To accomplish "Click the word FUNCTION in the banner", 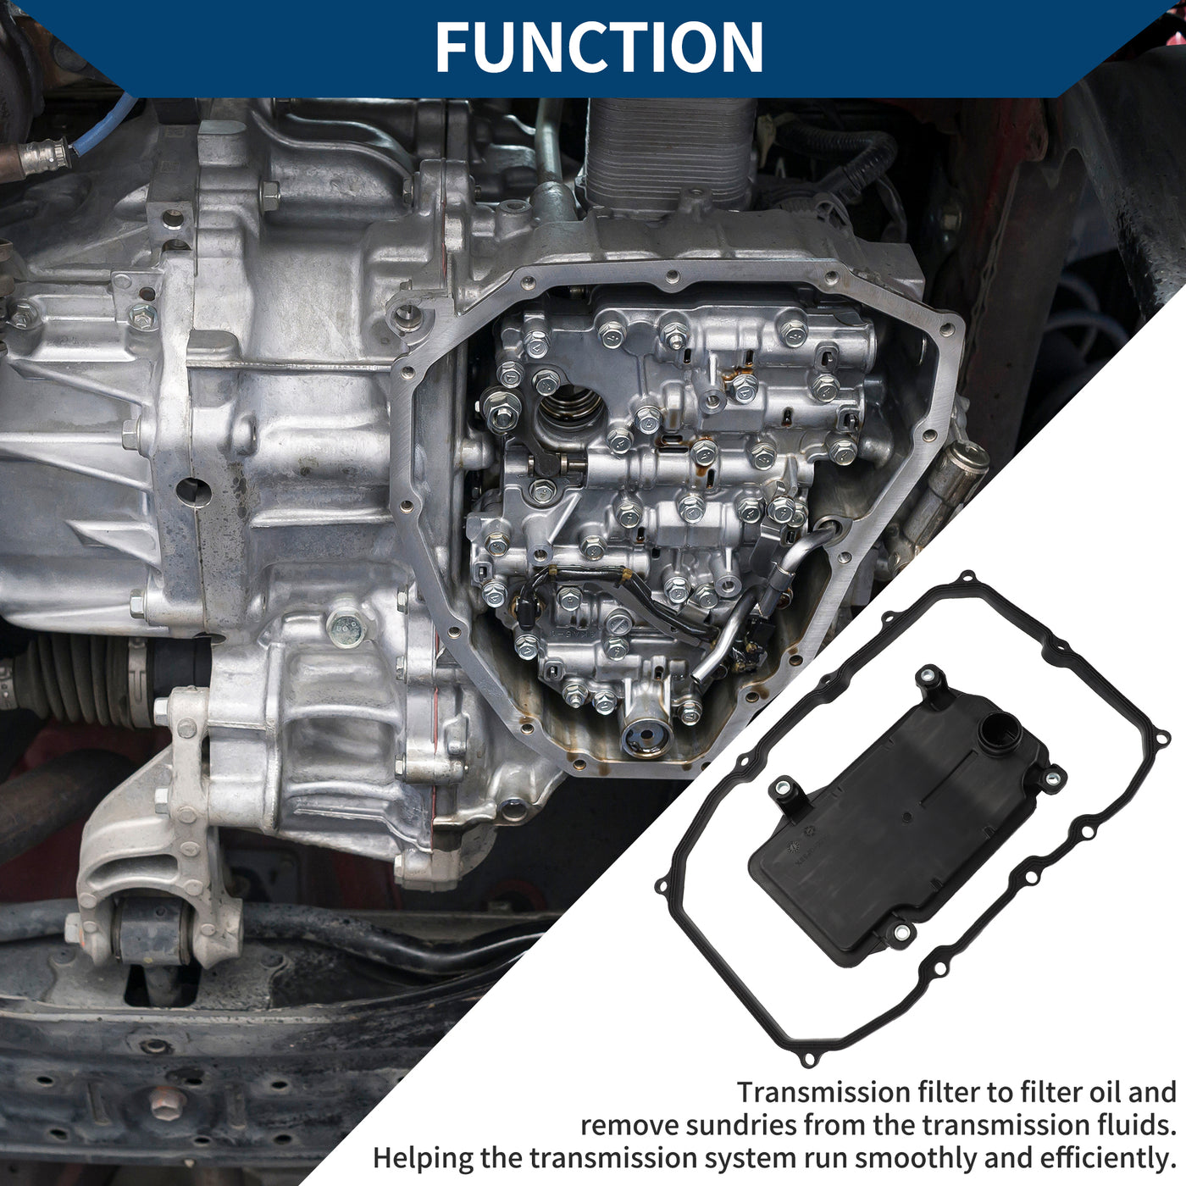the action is [x=598, y=47].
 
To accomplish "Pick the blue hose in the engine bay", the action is [x=102, y=130].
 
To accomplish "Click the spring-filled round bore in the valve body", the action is [x=570, y=412].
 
